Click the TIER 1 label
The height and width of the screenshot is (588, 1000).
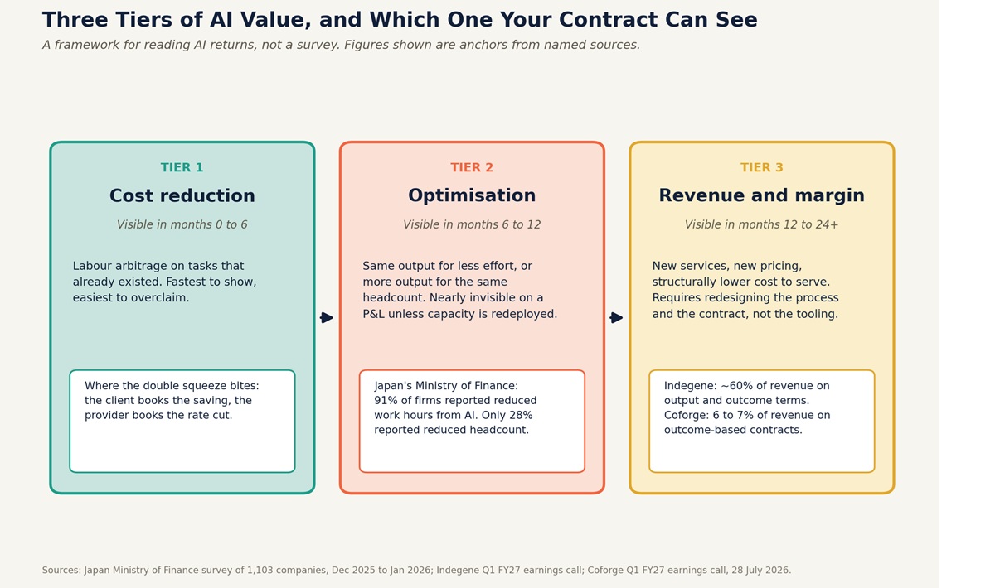[x=182, y=167]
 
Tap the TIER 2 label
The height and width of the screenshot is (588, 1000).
[x=472, y=167]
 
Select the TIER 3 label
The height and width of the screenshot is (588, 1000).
[x=761, y=167]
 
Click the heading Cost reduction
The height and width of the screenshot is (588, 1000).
[x=182, y=195]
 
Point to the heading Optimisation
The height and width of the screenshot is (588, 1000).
[x=472, y=195]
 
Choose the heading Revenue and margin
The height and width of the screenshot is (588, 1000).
[x=761, y=195]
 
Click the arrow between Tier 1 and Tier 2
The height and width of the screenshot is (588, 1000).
[x=327, y=317]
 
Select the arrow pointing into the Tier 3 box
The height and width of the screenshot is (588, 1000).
[x=617, y=317]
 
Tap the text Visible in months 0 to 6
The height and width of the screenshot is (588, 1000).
[x=182, y=224]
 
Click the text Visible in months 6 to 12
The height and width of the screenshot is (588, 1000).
[x=472, y=224]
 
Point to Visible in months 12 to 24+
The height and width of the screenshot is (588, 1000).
[x=761, y=224]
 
